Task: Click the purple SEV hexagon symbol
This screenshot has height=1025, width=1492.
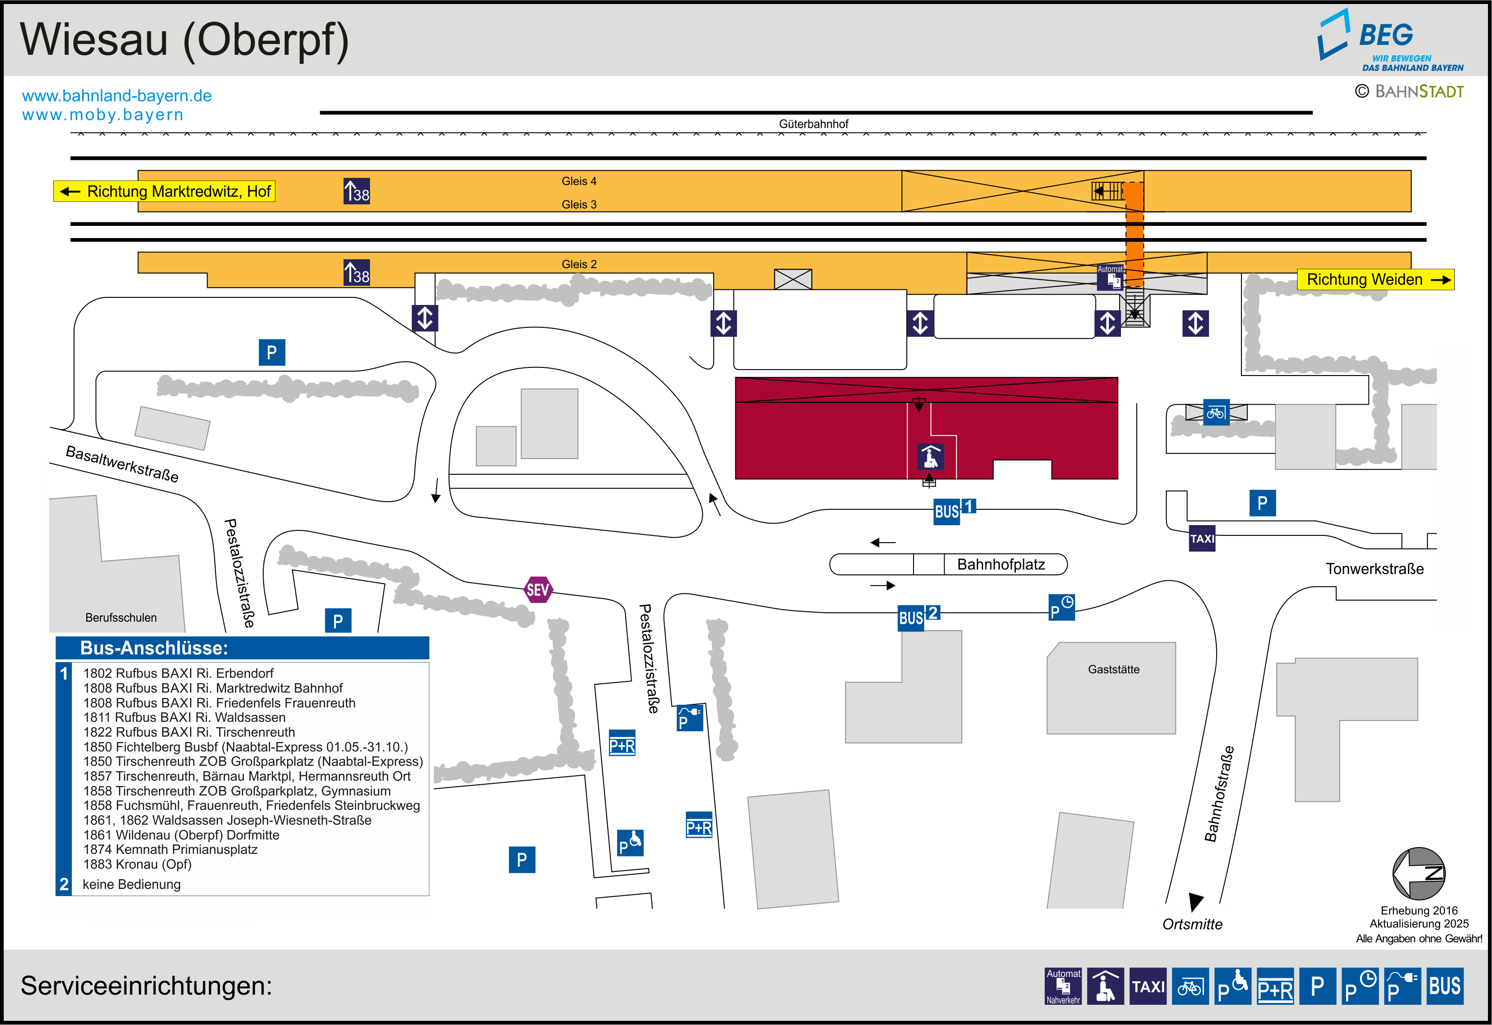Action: tap(538, 590)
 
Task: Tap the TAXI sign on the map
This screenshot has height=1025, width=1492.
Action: tap(1202, 538)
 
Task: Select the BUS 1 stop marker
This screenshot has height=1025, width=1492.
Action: tap(953, 511)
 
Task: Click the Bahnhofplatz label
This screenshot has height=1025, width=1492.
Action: tap(1000, 565)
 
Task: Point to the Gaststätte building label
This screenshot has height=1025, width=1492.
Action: tap(1113, 669)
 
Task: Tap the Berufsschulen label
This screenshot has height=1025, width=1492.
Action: tap(121, 618)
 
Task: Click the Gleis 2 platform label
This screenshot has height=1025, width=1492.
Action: tap(578, 264)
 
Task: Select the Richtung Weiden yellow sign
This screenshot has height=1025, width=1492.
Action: tap(1374, 279)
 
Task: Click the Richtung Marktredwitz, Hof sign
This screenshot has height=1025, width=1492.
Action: tap(164, 191)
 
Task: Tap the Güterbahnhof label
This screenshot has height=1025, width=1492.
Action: tap(813, 124)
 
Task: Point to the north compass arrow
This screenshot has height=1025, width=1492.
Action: tap(1418, 874)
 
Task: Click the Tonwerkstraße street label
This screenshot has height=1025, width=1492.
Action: tap(1374, 569)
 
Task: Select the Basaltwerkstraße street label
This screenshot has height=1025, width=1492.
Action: tap(122, 464)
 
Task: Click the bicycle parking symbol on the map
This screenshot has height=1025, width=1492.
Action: tap(1215, 412)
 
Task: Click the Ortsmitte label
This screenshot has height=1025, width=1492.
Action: tap(1192, 924)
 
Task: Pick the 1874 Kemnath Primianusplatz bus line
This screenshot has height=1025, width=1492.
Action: tap(170, 850)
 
